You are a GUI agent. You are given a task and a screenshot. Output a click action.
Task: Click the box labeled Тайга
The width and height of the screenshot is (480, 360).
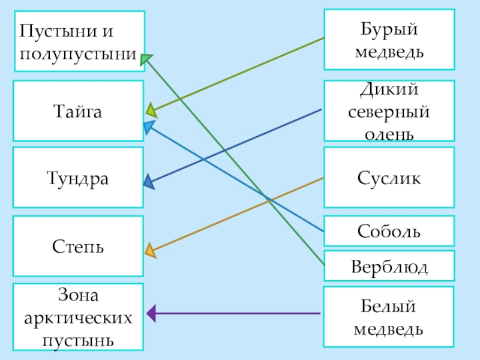78,111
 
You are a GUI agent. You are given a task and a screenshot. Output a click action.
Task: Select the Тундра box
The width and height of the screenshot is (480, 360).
78,178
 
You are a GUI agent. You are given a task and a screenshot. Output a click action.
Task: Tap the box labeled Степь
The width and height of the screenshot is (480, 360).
78,246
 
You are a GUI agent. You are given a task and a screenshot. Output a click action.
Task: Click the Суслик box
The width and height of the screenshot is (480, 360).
389,178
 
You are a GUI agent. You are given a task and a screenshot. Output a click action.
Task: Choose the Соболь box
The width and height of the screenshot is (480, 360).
389,231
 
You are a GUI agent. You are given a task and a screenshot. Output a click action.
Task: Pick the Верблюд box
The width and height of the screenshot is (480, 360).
389,266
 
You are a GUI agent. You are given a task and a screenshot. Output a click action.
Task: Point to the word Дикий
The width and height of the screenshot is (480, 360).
389,91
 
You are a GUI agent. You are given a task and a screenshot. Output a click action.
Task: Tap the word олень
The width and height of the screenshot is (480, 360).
389,132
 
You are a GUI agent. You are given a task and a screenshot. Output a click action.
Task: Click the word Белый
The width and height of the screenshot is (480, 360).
389,307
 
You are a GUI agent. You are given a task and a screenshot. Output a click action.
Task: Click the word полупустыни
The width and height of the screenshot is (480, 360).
78,53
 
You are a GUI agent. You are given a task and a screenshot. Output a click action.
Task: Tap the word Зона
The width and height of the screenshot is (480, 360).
78,295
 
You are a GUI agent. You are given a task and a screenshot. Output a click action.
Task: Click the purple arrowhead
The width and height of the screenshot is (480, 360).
151,313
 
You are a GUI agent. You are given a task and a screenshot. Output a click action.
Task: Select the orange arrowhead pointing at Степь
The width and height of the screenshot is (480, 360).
150,250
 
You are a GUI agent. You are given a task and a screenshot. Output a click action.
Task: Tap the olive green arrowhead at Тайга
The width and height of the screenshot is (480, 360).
151,110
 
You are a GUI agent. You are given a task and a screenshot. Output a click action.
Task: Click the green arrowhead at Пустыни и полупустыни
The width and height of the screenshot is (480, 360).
146,59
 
